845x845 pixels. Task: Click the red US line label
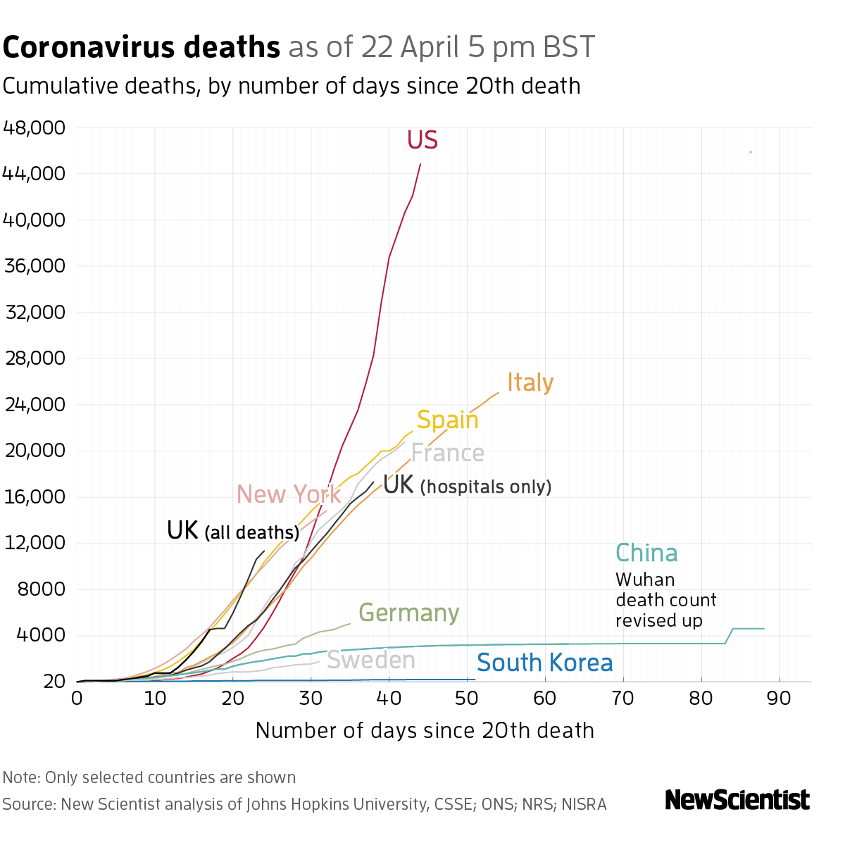pyautogui.click(x=423, y=140)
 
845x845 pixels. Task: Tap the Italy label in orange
pyautogui.click(x=530, y=382)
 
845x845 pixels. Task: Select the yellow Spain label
pyautogui.click(x=447, y=420)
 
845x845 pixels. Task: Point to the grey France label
pyautogui.click(x=447, y=453)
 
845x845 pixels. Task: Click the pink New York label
pyautogui.click(x=288, y=494)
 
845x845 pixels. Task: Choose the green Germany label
pyautogui.click(x=409, y=613)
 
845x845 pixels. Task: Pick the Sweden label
pyautogui.click(x=371, y=661)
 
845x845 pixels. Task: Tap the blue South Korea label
pyautogui.click(x=544, y=663)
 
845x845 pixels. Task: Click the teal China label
pyautogui.click(x=646, y=553)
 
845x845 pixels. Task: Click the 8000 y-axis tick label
pyautogui.click(x=41, y=589)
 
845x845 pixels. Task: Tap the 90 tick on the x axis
pyautogui.click(x=780, y=699)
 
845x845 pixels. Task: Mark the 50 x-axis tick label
pyautogui.click(x=467, y=699)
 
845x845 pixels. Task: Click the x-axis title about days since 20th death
pyautogui.click(x=425, y=730)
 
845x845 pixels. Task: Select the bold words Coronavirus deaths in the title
pyautogui.click(x=142, y=48)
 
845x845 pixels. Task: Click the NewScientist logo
pyautogui.click(x=737, y=800)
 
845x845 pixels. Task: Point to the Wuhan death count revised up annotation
pyautogui.click(x=665, y=600)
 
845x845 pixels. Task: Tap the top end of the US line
pyautogui.click(x=420, y=164)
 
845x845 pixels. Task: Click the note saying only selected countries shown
pyautogui.click(x=149, y=777)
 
